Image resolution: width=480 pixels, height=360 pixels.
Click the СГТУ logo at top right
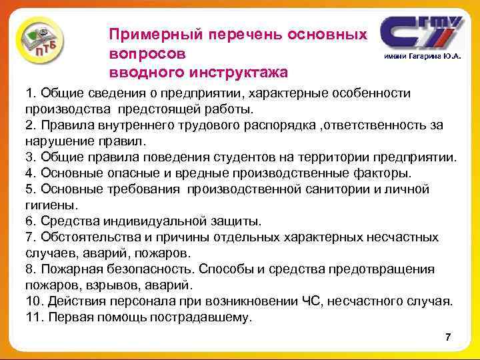pos(420,33)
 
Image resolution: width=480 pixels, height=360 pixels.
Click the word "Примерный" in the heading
pos(147,33)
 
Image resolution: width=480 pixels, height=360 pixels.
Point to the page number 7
pos(448,337)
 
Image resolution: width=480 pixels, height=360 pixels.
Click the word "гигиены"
pos(51,205)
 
